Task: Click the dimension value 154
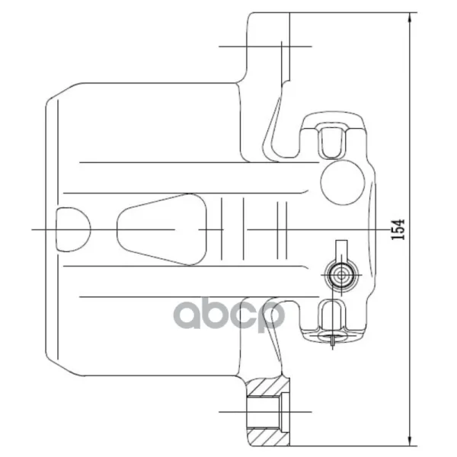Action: pyautogui.click(x=398, y=229)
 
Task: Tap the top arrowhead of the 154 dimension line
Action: pyautogui.click(x=410, y=18)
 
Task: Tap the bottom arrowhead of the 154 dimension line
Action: pyautogui.click(x=410, y=440)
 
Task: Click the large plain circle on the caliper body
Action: pyautogui.click(x=343, y=182)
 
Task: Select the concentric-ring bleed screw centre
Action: pyautogui.click(x=341, y=275)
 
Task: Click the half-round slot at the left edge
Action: pyautogui.click(x=73, y=229)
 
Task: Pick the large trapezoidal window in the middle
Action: pyautogui.click(x=162, y=229)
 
